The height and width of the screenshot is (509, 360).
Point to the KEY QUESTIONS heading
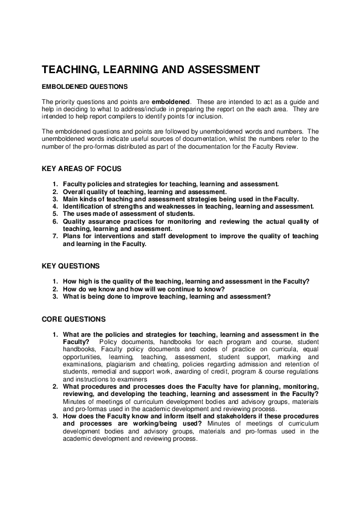(x=71, y=265)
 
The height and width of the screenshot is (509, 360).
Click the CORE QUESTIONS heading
(x=73, y=319)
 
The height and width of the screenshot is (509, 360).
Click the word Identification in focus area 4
(x=83, y=206)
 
